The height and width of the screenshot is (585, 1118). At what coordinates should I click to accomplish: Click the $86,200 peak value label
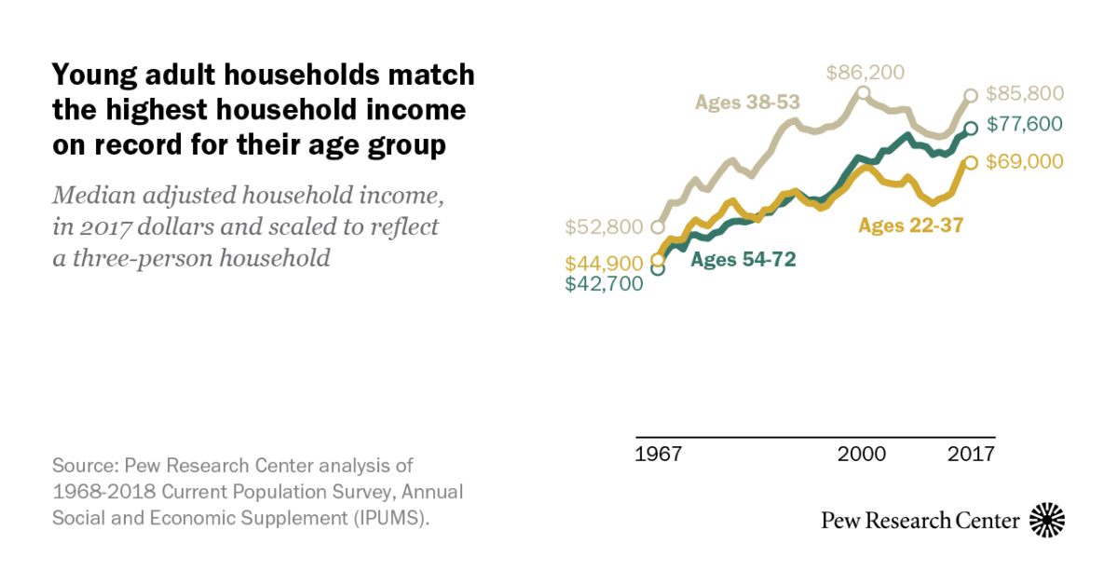point(866,73)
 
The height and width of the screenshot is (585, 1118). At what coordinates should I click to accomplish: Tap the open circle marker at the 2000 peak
point(863,92)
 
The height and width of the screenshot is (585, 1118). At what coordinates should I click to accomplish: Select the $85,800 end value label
point(1024,94)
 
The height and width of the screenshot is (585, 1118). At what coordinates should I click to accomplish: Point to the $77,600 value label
point(1024,124)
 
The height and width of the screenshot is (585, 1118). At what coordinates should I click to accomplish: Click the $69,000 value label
point(1024,162)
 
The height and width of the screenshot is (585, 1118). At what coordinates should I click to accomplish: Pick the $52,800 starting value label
point(605,226)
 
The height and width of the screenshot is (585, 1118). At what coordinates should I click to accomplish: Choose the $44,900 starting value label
point(605,265)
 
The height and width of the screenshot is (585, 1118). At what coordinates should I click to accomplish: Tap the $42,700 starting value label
point(605,284)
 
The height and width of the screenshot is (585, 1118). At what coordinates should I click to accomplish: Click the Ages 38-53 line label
point(747,102)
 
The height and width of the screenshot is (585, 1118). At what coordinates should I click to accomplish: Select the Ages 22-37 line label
point(910,224)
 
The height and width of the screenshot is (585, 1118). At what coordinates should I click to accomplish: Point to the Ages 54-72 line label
point(743,260)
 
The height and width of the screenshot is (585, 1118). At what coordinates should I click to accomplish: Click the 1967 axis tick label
point(659,455)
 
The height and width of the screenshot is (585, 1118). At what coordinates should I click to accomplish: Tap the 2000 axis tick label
point(862,455)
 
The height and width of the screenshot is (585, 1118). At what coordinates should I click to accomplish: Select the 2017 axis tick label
point(971,455)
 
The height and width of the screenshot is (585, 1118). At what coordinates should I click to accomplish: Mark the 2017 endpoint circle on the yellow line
point(971,162)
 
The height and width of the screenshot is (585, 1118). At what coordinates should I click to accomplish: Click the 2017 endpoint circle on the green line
point(971,129)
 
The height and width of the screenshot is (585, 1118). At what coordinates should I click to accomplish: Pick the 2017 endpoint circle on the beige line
point(971,95)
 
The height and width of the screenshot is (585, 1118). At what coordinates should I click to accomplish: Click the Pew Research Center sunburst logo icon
point(1047,520)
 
